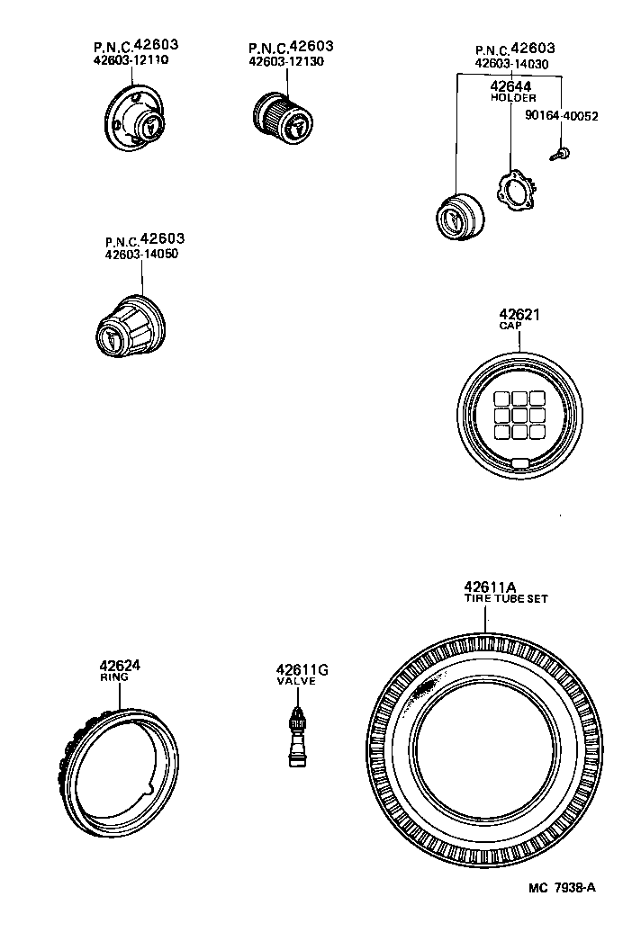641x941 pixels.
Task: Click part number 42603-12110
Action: [x=131, y=61]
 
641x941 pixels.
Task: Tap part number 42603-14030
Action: [x=513, y=65]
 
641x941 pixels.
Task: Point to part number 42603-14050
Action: [x=141, y=255]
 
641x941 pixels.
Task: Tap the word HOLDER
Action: [x=513, y=97]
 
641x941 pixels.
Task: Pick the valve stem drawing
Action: [x=293, y=737]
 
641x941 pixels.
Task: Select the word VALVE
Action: [x=294, y=682]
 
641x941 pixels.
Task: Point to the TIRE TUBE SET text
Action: [x=505, y=598]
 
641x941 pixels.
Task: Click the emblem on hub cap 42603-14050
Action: [x=109, y=339]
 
